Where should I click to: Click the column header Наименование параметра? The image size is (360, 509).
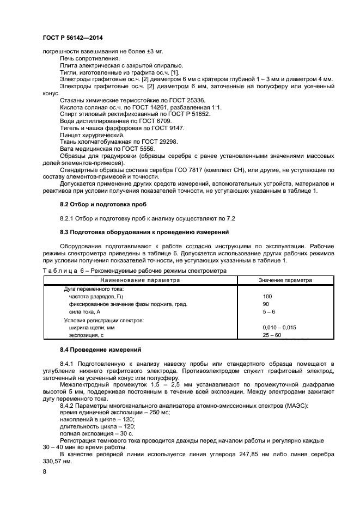coord(140,280)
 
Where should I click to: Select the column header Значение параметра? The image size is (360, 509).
coord(285,280)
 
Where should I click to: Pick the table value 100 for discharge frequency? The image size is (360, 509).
coord(267,296)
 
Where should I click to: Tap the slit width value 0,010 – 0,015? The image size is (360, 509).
coord(279,328)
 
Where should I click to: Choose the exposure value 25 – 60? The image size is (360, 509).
coord(272,335)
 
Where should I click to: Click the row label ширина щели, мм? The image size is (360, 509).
coord(91,328)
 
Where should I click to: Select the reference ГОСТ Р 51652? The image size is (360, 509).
coord(189,114)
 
